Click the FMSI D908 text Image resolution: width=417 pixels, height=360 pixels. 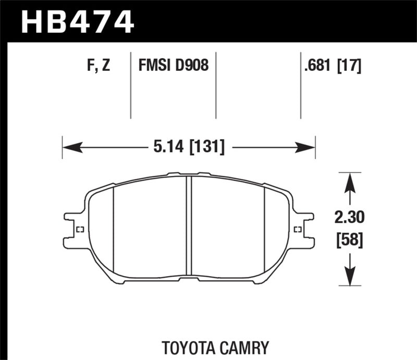coord(173,66)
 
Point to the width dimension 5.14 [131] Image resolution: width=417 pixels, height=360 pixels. coord(189,148)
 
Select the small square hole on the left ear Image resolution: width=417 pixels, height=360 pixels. coord(80,230)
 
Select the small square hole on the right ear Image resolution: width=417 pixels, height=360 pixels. coord(298,230)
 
